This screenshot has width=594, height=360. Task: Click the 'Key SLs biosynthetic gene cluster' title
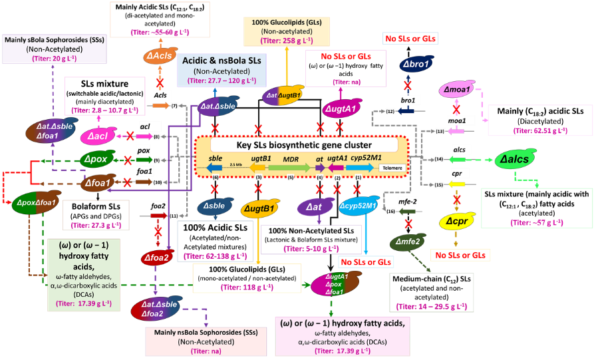(295, 146)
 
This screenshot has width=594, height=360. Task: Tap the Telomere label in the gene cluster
(390, 168)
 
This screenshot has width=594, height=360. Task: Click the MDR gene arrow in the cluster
(291, 167)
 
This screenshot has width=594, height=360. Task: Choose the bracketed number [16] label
(390, 211)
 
